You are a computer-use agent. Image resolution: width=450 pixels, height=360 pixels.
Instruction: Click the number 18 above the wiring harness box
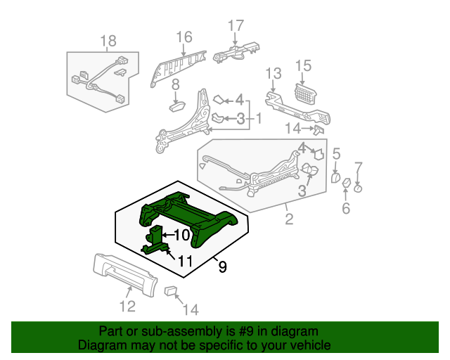coord(108,42)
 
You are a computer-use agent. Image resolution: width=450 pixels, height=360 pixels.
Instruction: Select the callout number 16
coord(184,37)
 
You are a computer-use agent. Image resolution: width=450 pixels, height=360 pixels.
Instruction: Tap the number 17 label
coord(235,26)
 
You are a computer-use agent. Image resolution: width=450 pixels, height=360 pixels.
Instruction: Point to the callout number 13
coord(273,74)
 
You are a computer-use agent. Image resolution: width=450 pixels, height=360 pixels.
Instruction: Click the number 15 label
coord(302,66)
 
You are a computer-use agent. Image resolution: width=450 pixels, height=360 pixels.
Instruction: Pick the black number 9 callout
coord(222,267)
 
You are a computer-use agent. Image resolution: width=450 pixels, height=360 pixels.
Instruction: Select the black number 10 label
coord(181,235)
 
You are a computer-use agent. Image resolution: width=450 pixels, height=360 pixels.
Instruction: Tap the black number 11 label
coord(185,261)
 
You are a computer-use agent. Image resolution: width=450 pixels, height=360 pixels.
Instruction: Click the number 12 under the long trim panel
coord(127,306)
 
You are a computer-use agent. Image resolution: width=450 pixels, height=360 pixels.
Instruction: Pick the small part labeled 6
coord(346,184)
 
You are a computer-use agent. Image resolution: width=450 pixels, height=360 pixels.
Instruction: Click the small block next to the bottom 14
coord(170,290)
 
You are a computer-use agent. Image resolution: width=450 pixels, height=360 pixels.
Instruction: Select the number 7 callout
coord(359,167)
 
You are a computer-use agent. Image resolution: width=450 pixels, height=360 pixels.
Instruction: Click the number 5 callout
coord(336,153)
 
